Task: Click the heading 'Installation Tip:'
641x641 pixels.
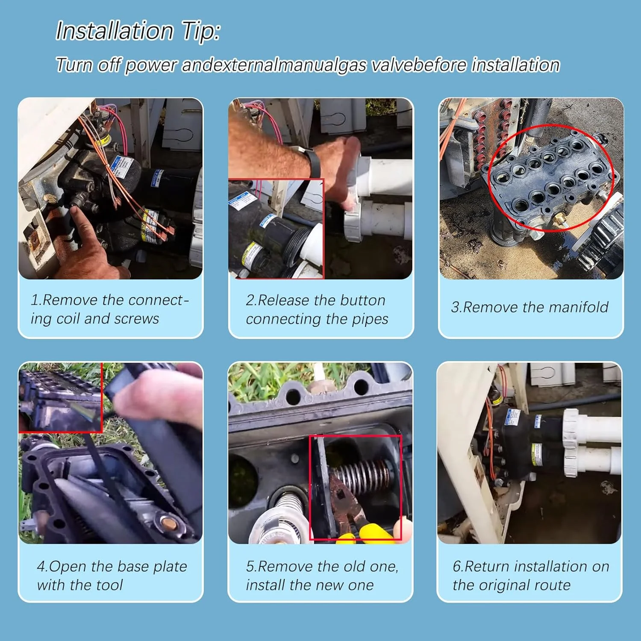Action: tap(138, 32)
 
